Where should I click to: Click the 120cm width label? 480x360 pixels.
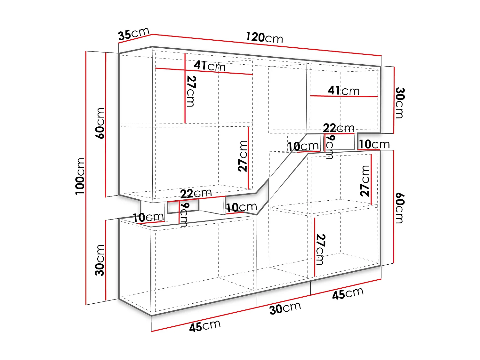264,38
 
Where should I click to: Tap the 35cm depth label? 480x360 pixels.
133,34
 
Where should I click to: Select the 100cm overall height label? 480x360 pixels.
80,176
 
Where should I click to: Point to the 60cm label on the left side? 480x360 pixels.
100,123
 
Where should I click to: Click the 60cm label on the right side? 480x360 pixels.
400,208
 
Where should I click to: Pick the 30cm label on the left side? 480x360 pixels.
100,260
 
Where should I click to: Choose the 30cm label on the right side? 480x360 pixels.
400,103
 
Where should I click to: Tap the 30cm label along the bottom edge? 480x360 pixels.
285,308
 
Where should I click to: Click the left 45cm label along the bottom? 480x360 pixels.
205,326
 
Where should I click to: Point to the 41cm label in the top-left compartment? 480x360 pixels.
210,66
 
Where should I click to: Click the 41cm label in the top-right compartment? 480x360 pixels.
344,91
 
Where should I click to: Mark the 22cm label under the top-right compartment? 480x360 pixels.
339,128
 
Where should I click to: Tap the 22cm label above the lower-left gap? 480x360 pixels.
196,194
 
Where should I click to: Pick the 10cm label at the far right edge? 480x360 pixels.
374,144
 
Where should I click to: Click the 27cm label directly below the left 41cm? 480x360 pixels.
191,91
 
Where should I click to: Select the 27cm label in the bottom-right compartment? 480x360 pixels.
321,250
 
